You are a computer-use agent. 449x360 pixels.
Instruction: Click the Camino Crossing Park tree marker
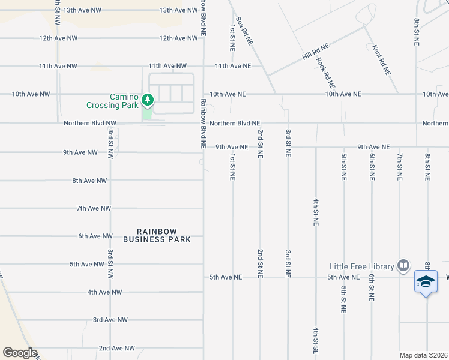coord(147,98)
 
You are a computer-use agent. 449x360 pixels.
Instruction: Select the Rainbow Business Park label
coord(157,235)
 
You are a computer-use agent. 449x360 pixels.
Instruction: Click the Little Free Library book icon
coord(403,265)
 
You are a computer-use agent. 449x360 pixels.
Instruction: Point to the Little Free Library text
coord(361,266)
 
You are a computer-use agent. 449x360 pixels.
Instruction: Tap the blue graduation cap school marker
coord(426,281)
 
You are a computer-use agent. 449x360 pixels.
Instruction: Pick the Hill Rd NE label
coord(316,51)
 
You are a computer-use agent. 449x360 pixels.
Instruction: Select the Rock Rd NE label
coord(326,73)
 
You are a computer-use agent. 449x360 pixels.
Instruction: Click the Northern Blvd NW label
coord(90,123)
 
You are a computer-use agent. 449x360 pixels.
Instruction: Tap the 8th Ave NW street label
coord(89,181)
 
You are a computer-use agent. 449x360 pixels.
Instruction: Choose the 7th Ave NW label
coord(94,208)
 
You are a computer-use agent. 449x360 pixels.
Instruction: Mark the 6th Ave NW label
coord(95,236)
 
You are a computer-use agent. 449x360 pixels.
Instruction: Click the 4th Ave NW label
coord(104,292)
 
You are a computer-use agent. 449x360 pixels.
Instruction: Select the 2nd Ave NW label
coord(116,348)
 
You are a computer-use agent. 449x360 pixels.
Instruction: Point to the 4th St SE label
coord(315,340)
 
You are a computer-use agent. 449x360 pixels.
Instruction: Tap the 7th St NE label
coord(399,166)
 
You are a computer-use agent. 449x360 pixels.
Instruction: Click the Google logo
coord(20,353)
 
